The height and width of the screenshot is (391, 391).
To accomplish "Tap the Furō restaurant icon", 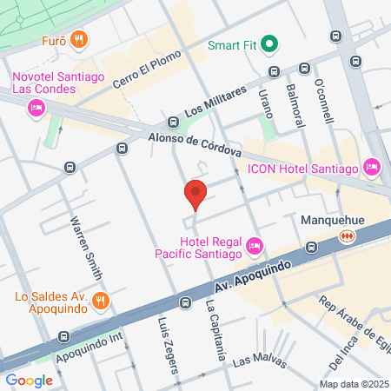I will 79,38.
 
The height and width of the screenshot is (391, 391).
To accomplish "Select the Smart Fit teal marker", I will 270,43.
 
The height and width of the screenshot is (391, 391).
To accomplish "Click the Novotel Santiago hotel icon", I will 36,107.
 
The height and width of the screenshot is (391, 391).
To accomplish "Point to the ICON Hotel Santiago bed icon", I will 372,165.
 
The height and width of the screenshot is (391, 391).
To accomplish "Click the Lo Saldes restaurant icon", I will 101,301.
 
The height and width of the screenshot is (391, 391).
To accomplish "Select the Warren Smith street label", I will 89,247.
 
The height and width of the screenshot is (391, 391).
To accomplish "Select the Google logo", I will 30,379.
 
